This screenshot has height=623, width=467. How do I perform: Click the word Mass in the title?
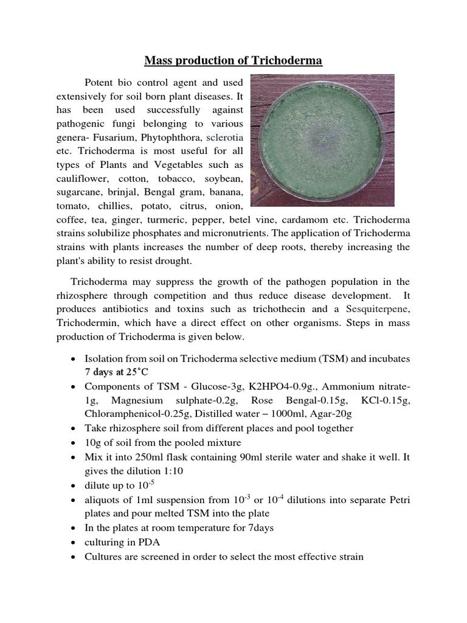157,60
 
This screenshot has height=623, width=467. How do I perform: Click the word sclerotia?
224,137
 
